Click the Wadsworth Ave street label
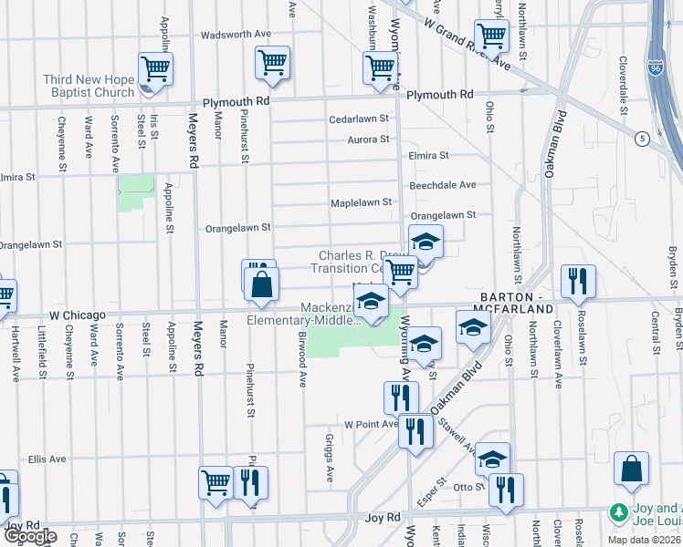click(x=236, y=34)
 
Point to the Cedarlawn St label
click(x=360, y=119)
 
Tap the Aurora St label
click(x=368, y=139)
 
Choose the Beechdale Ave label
click(x=443, y=184)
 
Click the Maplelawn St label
click(x=361, y=202)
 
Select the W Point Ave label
click(x=371, y=424)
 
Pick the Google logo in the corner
click(x=29, y=537)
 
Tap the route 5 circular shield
click(x=643, y=138)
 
